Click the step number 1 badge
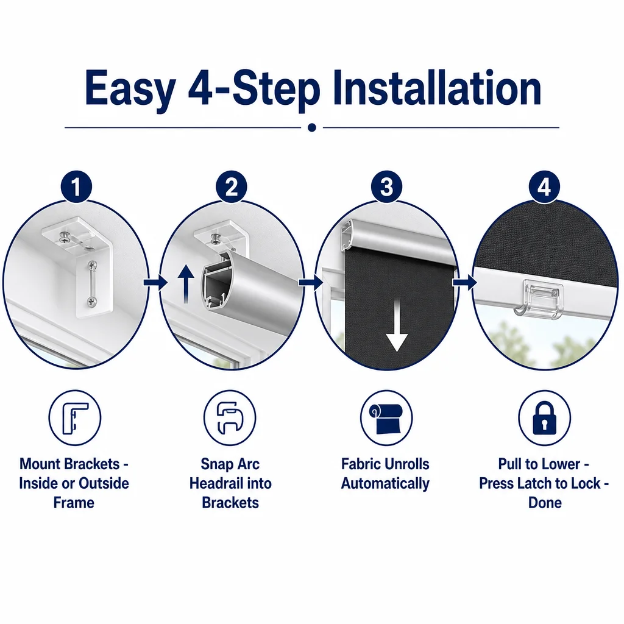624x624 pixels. (76, 187)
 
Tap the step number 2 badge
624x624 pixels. (231, 187)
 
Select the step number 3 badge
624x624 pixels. (386, 187)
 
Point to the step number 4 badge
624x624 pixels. (544, 187)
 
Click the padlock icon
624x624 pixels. (544, 417)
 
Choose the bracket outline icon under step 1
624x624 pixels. (75, 418)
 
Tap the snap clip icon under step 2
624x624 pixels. (230, 418)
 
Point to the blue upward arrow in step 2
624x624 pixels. (186, 284)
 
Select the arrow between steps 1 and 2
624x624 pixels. (155, 283)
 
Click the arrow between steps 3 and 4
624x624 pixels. (464, 283)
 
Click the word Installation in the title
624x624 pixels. (437, 88)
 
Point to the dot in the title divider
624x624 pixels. (312, 127)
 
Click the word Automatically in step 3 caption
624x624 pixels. (385, 483)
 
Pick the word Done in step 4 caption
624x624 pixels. (545, 503)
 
